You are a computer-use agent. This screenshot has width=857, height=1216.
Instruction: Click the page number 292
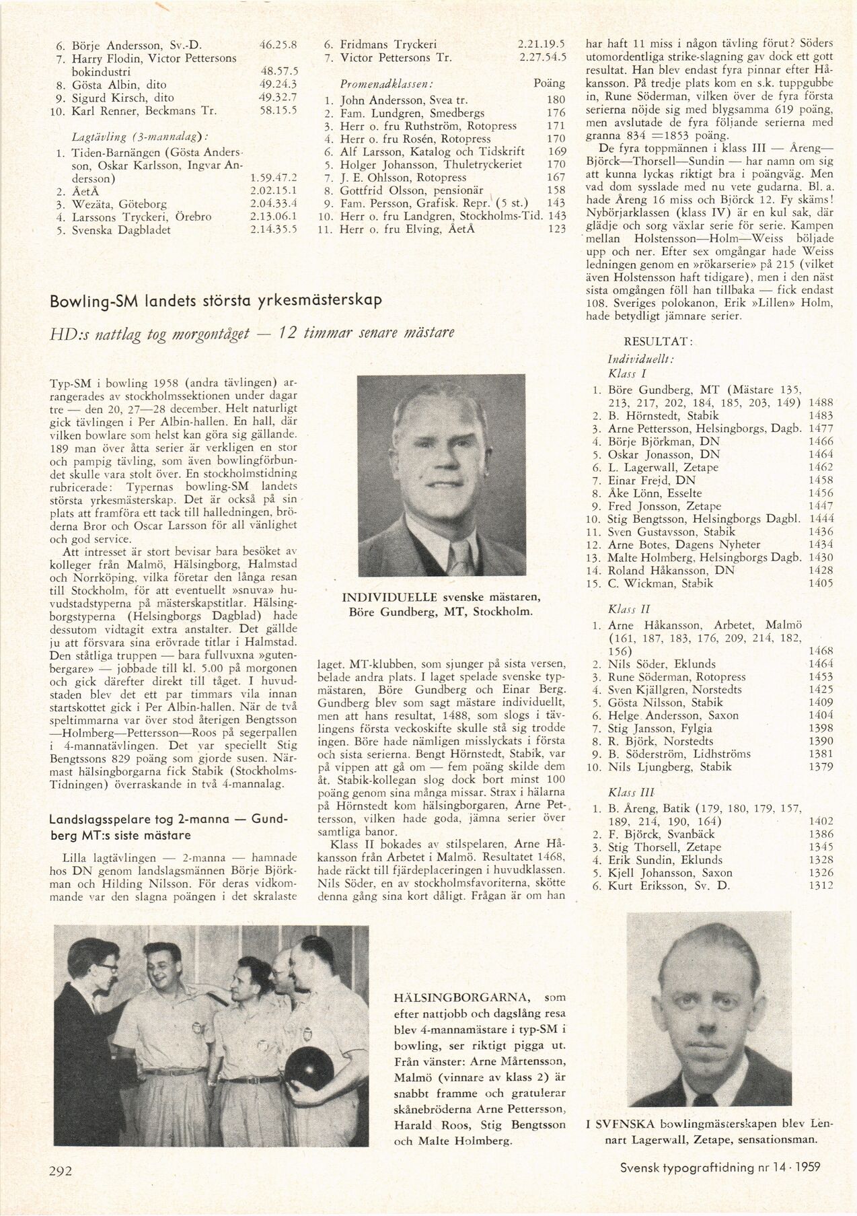(61, 1170)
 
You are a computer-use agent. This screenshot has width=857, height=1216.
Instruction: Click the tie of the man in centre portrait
(461, 557)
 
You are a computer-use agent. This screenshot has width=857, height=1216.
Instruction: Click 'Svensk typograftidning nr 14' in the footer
(684, 1168)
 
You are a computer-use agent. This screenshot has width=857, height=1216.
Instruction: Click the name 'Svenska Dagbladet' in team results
(121, 229)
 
